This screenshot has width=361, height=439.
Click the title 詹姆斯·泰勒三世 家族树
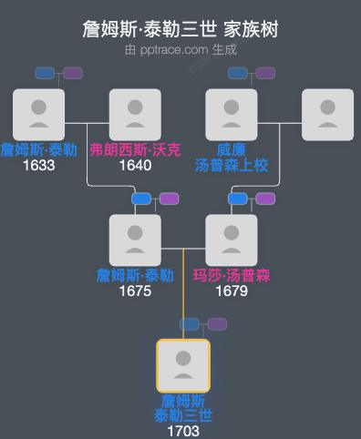click(x=180, y=30)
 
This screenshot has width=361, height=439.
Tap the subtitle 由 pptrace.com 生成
click(x=180, y=49)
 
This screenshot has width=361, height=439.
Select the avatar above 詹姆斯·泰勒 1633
click(x=38, y=115)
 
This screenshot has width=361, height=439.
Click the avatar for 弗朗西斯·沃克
click(x=135, y=115)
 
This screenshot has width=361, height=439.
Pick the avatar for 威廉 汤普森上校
click(x=232, y=115)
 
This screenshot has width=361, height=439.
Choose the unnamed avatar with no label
click(x=327, y=115)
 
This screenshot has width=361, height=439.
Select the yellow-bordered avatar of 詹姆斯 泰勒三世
click(x=183, y=366)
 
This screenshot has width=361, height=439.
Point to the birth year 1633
click(x=38, y=166)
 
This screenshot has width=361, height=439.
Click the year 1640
click(x=135, y=166)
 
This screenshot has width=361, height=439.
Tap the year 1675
click(x=135, y=291)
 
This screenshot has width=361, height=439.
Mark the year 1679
click(x=232, y=291)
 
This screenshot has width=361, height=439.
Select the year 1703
click(x=183, y=431)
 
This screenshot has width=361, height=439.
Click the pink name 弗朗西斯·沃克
click(x=135, y=150)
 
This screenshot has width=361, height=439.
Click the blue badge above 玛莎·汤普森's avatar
click(x=237, y=199)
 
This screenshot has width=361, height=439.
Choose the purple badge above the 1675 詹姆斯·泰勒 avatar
click(x=169, y=199)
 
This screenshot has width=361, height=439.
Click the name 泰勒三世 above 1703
click(x=183, y=416)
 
